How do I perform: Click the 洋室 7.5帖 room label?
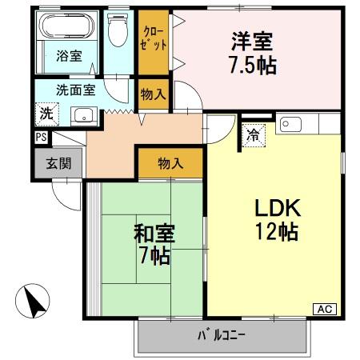254,52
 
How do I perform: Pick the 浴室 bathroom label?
68,56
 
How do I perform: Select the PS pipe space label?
41,137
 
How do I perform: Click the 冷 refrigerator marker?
253,134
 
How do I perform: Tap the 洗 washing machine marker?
47,114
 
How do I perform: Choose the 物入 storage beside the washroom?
153,94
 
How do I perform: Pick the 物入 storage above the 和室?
170,164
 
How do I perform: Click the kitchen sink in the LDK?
291,124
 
